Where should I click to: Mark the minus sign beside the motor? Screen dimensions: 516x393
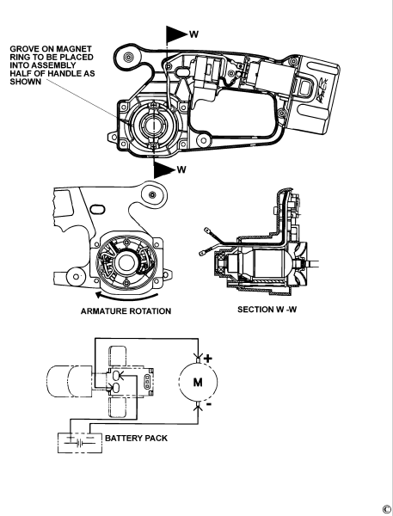(207, 404)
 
